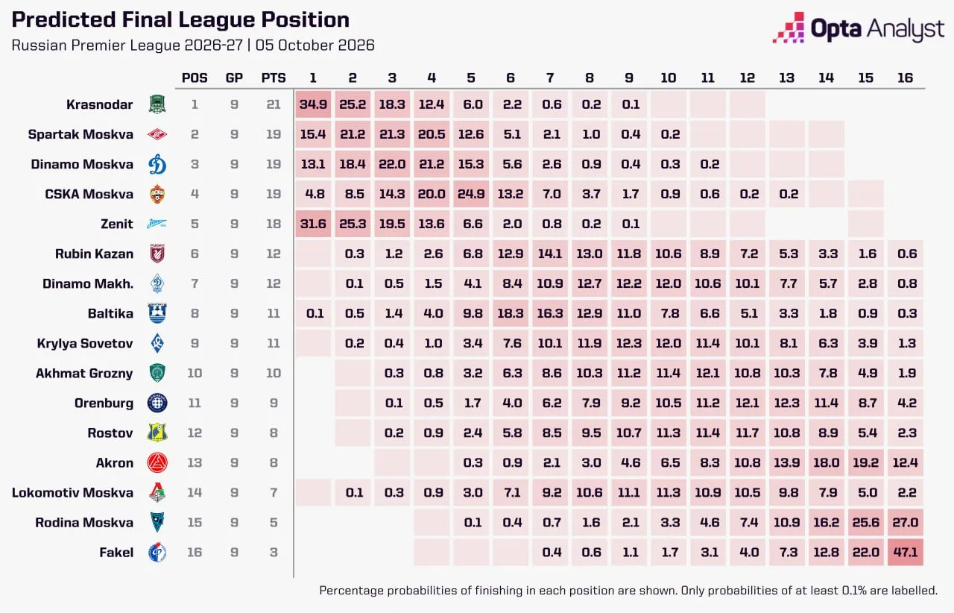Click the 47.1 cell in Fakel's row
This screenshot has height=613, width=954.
coord(905,552)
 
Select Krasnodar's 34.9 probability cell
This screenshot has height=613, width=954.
coord(313,104)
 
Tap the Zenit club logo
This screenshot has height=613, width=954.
coord(157,224)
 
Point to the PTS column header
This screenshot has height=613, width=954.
coord(274,78)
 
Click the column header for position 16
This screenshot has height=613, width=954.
coord(905,78)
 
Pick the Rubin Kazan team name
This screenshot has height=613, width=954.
coord(94,254)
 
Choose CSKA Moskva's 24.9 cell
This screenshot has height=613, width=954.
coord(471,194)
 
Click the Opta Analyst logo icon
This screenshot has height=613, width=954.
coord(789,28)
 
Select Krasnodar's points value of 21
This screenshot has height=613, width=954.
coord(274,104)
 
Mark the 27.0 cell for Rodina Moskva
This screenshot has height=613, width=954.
coord(905,522)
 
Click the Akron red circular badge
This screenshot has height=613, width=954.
coord(157,462)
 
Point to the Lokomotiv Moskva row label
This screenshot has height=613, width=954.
coord(72,492)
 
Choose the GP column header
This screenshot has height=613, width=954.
coord(234,78)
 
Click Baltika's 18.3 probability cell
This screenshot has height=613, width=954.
coord(511,313)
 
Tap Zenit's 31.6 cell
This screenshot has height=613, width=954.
coord(313,224)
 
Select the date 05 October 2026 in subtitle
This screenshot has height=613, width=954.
coord(315,45)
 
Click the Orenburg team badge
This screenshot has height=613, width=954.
coord(157,403)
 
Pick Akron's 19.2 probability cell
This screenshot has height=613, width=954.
coord(866,462)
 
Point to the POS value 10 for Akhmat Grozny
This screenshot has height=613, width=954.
coord(195,373)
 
